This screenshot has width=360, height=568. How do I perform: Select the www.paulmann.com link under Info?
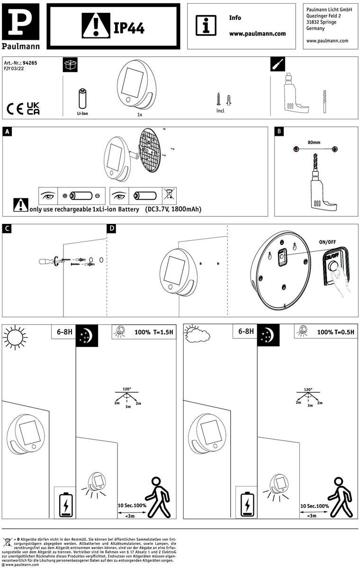257,34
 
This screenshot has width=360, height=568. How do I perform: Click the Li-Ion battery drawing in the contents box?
82,99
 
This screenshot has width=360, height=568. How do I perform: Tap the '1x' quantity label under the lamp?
140,115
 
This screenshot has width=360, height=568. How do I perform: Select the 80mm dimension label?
314,142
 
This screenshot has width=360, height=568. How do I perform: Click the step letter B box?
279,132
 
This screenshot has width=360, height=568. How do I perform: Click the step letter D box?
112,229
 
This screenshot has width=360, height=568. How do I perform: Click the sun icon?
14,338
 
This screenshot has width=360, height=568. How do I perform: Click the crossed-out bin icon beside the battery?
167,194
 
